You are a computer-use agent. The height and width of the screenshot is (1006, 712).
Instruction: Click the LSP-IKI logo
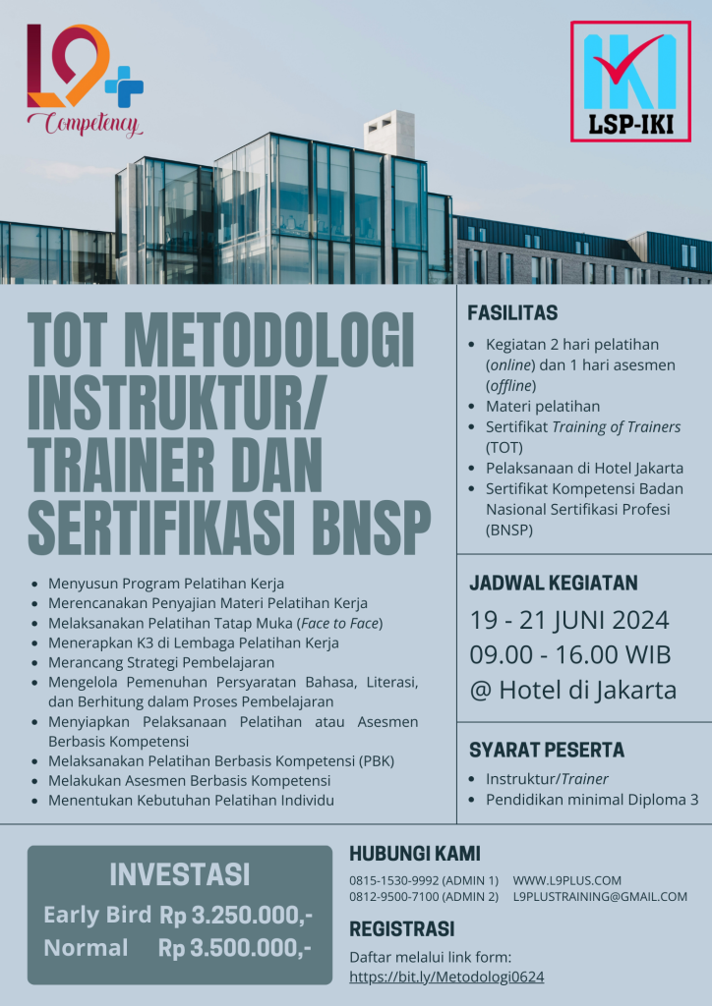[630, 82]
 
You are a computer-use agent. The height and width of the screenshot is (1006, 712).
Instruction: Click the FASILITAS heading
[512, 313]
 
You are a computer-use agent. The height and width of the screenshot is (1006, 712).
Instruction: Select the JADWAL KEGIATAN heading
[553, 583]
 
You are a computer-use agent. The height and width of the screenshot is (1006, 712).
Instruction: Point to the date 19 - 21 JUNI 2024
[569, 621]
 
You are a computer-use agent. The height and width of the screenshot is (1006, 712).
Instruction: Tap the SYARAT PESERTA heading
[546, 750]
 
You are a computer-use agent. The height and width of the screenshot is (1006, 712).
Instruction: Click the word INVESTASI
[179, 873]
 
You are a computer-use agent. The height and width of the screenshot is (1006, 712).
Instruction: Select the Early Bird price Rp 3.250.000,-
[236, 915]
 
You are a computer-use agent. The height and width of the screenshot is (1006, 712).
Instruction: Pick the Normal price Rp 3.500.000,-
[236, 948]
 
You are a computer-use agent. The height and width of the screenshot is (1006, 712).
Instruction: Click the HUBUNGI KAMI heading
[415, 854]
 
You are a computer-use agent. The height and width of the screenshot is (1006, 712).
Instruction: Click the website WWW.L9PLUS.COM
[566, 880]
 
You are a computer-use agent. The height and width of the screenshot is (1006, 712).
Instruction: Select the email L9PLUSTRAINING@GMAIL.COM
[600, 897]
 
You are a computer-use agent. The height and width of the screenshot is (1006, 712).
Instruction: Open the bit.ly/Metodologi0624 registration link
[447, 977]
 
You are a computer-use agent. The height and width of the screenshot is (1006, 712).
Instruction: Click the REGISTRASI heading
[402, 929]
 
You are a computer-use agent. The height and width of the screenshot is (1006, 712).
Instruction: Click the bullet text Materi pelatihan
[542, 406]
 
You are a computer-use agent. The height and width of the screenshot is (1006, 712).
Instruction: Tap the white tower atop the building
[389, 133]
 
